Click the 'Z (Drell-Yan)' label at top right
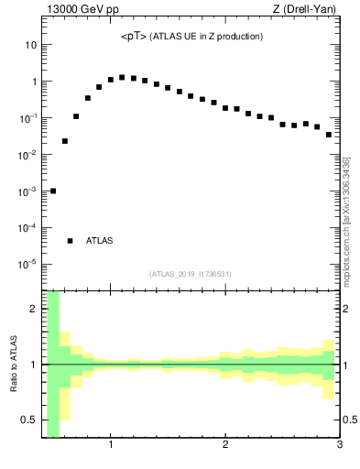pyautogui.click(x=310, y=9)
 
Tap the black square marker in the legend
pyautogui.click(x=70, y=241)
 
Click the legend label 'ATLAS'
pyautogui.click(x=100, y=241)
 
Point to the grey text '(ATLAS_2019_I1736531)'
pyautogui.click(x=191, y=274)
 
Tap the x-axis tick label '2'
pyautogui.click(x=225, y=445)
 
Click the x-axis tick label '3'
pyautogui.click(x=339, y=445)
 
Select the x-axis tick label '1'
pyautogui.click(x=111, y=445)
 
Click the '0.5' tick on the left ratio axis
pyautogui.click(x=28, y=420)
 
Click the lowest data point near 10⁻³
pyautogui.click(x=53, y=191)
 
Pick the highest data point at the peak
pyautogui.click(x=122, y=77)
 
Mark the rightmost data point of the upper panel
pyautogui.click(x=329, y=135)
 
